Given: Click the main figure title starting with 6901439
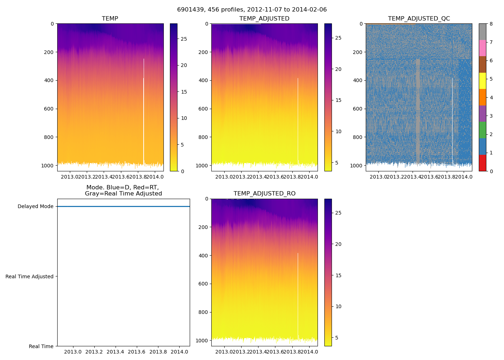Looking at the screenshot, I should click(x=252, y=10).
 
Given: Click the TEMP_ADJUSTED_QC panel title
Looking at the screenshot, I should click(x=419, y=19).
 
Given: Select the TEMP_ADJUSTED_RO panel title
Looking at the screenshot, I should click(x=265, y=194).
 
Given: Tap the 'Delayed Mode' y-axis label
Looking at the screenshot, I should click(x=35, y=207).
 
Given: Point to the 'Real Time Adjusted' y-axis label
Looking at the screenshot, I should click(x=30, y=276).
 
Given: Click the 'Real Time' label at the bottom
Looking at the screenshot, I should click(x=41, y=346).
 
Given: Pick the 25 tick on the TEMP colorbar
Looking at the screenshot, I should click(x=184, y=39).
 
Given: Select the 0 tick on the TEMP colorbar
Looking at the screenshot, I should click(x=183, y=171).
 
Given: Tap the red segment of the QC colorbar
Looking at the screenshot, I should click(x=482, y=163).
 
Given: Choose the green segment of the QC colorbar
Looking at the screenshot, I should click(x=482, y=130).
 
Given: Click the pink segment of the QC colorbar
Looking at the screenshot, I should click(x=482, y=48).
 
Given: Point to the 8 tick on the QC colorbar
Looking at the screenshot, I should click(x=491, y=24).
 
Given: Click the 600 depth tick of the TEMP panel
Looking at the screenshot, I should click(x=49, y=109).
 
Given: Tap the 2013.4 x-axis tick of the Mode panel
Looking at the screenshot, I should click(x=116, y=352).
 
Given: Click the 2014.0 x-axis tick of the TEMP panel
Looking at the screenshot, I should click(x=156, y=177).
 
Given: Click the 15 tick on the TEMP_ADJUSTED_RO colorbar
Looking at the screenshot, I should click(x=338, y=275).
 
